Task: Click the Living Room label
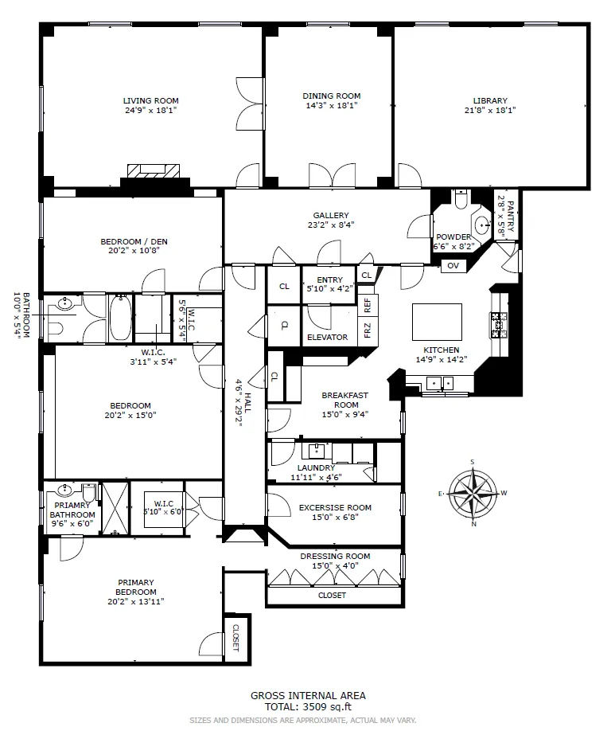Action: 150,100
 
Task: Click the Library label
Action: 490,100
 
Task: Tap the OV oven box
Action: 453,265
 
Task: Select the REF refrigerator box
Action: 368,303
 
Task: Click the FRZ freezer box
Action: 368,329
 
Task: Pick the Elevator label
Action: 328,338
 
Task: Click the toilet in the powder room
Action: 461,201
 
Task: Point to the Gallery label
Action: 331,215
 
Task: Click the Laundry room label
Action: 316,467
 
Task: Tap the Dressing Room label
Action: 334,556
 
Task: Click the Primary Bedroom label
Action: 135,587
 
